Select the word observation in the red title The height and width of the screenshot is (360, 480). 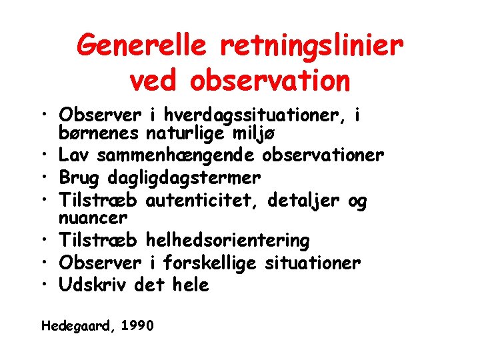coord(270,81)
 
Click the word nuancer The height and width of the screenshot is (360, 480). coord(93,217)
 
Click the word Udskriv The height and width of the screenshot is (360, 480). coord(94,285)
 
